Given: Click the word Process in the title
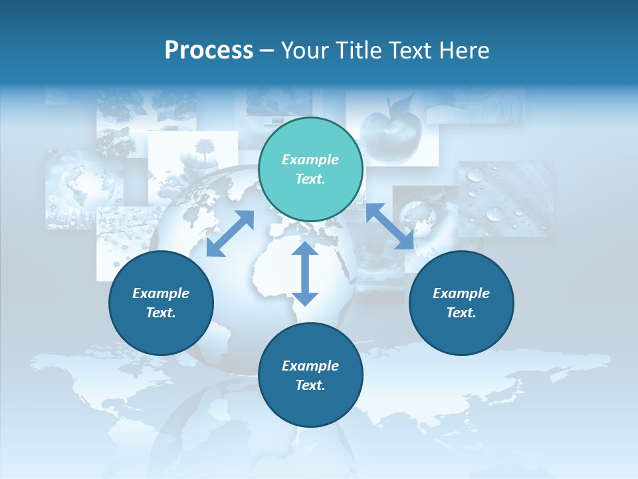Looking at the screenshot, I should click(209, 51).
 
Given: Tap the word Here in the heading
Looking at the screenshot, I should click(463, 51).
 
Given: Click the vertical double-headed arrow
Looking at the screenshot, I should click(305, 273).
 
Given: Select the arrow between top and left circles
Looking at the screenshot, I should click(230, 234).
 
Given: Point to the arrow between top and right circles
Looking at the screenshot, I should click(389, 226).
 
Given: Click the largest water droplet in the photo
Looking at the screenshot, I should click(495, 214).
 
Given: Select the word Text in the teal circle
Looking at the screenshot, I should click(310, 179).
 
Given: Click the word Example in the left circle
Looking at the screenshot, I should click(161, 293).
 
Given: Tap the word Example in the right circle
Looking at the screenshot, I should click(461, 293).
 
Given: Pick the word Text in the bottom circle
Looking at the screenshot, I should click(310, 385).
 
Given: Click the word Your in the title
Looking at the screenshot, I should click(302, 51).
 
